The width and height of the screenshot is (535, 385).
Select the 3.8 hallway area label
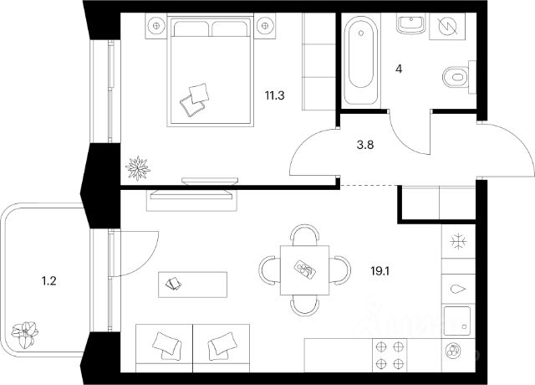(365, 143)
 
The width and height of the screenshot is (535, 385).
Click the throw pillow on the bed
(196, 96)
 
